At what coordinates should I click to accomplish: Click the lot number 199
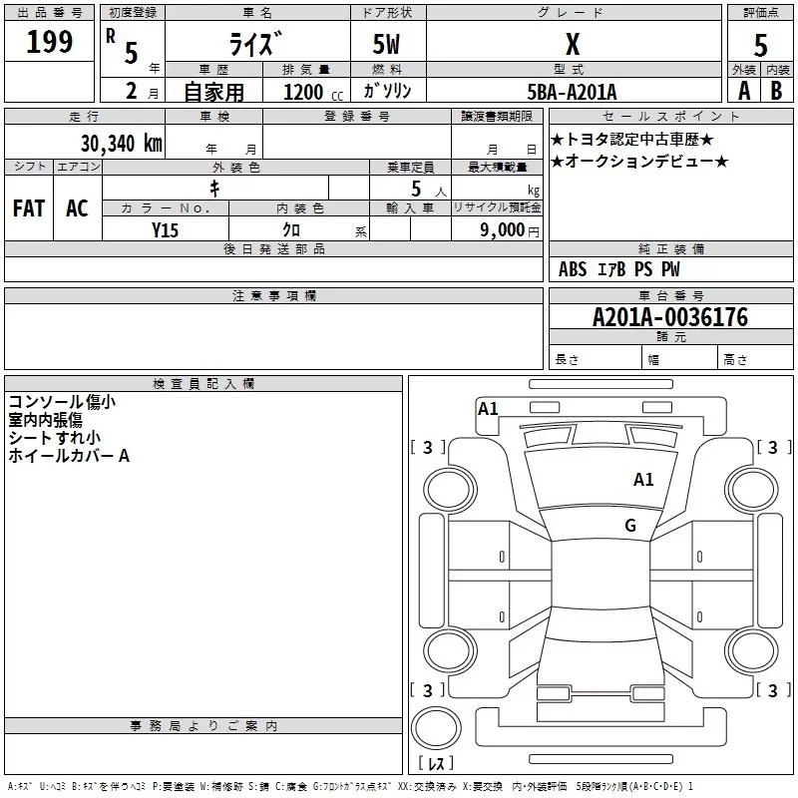click(50, 43)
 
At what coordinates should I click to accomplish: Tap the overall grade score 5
click(760, 45)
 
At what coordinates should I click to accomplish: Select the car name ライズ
click(255, 44)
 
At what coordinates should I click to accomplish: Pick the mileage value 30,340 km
click(121, 143)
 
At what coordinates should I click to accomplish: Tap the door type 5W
click(386, 45)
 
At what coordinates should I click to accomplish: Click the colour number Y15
click(165, 229)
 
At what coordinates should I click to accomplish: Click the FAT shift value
click(29, 208)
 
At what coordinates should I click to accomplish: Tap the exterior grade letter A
click(743, 91)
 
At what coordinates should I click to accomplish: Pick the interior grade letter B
click(776, 91)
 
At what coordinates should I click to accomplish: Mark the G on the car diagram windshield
click(629, 525)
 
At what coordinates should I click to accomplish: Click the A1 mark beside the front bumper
click(488, 408)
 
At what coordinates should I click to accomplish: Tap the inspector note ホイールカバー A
click(69, 456)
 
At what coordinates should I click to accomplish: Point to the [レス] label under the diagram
click(436, 764)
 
